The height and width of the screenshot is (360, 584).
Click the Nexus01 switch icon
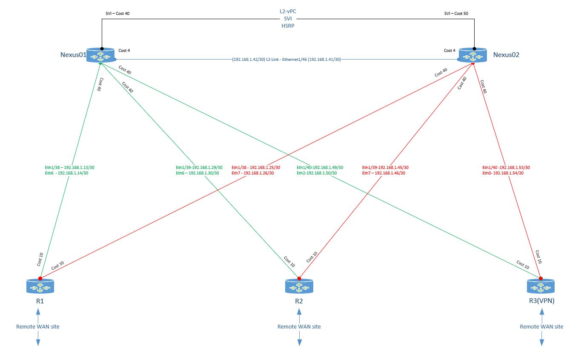101,56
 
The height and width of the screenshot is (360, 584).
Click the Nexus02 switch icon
474,56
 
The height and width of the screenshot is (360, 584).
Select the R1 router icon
40,287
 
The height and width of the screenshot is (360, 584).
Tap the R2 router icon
299,287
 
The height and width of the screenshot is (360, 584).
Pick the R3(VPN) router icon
541,287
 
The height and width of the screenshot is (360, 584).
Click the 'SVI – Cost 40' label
117,14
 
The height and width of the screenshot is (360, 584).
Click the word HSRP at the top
287,26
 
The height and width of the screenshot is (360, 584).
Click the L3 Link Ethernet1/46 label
286,59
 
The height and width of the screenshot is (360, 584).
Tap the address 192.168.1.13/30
85,167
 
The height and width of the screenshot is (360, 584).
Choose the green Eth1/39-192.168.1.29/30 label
199,167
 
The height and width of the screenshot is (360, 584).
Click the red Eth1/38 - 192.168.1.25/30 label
255,167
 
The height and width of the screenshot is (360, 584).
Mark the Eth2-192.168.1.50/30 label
317,173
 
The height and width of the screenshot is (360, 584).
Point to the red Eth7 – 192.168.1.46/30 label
383,173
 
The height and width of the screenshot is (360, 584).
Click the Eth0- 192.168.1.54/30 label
503,173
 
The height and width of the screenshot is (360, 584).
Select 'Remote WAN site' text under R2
299,327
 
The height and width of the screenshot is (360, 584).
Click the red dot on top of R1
40,278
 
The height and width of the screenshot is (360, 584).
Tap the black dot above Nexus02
474,49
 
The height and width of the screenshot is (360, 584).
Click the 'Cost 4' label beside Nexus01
124,51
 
